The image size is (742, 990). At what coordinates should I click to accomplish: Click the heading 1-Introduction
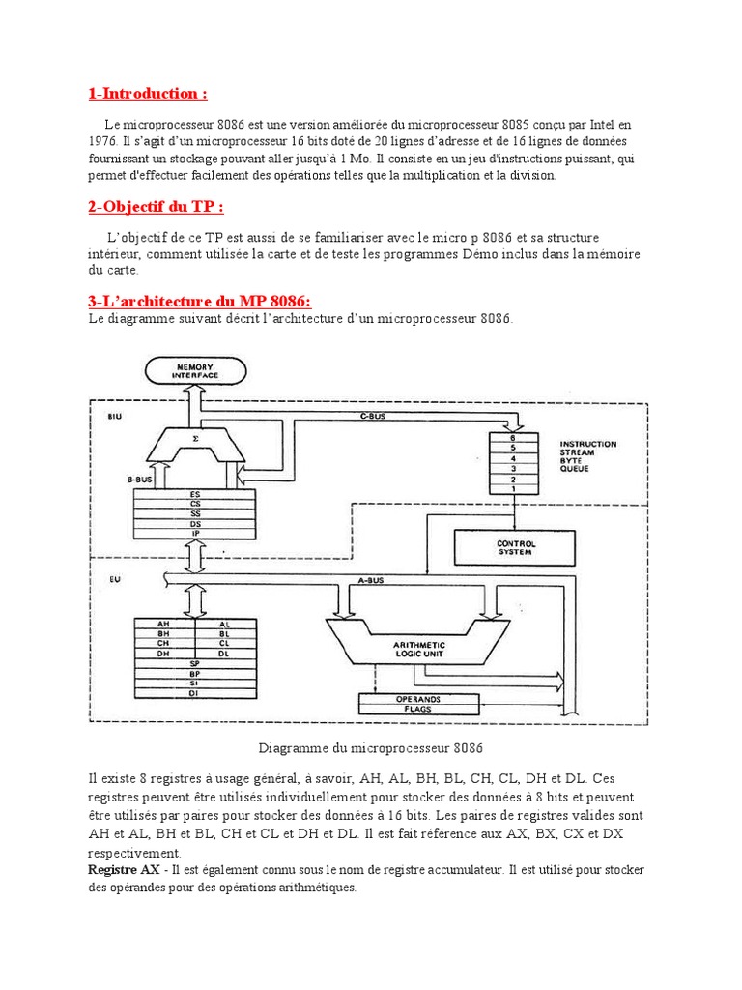pos(147,94)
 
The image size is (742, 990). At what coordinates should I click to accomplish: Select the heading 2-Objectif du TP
pos(156,207)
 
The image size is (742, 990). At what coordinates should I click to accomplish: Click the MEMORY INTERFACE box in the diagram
pos(196,371)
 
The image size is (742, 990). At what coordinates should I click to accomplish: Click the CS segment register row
pos(195,503)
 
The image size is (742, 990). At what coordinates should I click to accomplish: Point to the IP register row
pos(195,533)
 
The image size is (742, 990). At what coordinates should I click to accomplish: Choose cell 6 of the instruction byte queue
pos(501,438)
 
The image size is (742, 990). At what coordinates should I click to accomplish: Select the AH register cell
pos(164,625)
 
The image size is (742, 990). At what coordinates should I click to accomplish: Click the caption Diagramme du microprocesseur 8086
pos(370,748)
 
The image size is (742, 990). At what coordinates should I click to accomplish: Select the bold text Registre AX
pos(124,870)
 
